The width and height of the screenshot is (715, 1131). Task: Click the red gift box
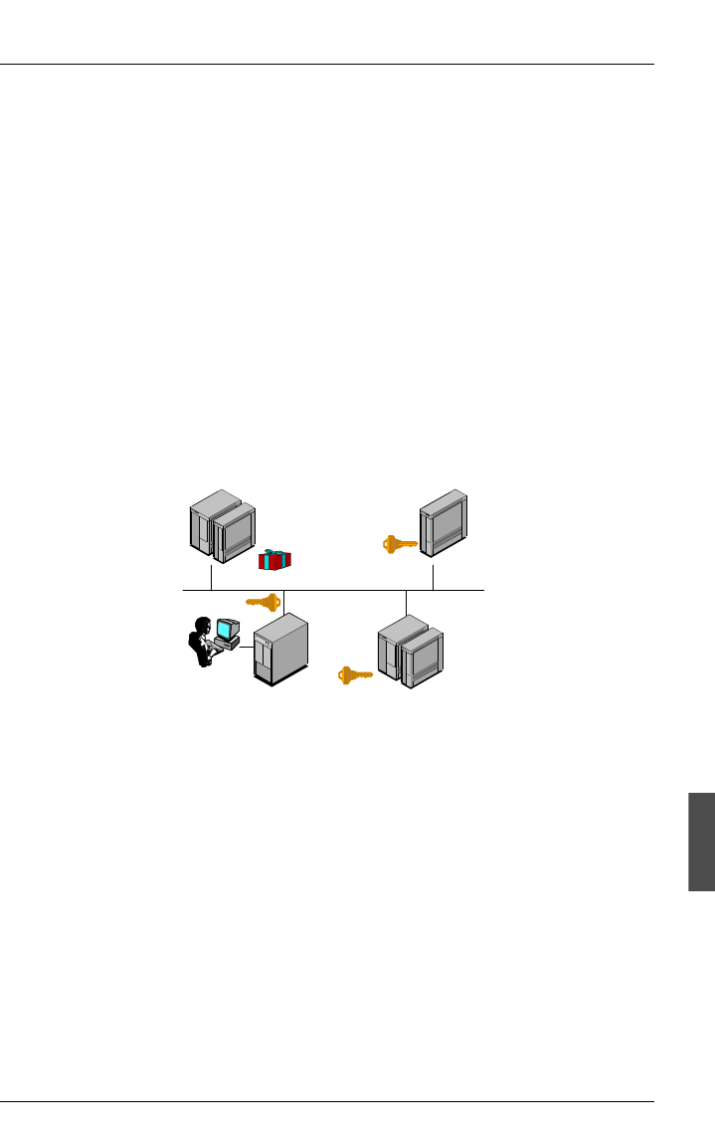[274, 561]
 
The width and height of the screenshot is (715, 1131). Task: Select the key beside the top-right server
[400, 544]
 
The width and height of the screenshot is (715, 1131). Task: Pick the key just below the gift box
[264, 602]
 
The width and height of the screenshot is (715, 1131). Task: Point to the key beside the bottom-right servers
[355, 674]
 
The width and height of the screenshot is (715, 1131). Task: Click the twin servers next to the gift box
[223, 526]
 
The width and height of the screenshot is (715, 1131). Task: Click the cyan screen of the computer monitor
[229, 630]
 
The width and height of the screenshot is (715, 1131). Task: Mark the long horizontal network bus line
[338, 591]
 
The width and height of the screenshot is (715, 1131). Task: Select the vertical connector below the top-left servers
[212, 578]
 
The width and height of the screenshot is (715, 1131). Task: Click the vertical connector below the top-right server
[433, 578]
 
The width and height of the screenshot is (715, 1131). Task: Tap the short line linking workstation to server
[246, 648]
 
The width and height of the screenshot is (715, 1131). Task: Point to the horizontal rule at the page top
[327, 66]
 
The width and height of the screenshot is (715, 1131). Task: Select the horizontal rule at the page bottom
[327, 1102]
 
